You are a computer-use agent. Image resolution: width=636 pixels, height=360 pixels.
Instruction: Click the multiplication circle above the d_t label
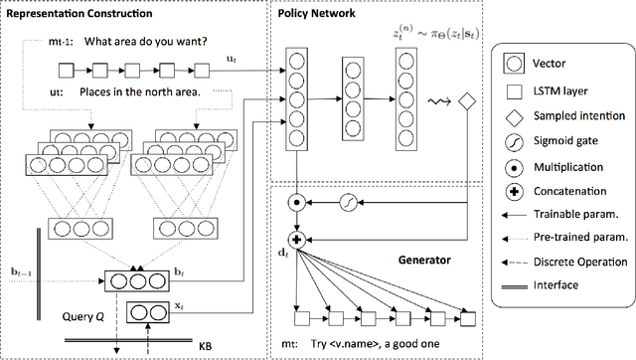pos(295,204)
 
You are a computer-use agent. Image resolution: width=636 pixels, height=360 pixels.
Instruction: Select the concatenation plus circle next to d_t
pos(295,239)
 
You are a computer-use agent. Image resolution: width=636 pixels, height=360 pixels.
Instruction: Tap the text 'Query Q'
pos(78,317)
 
